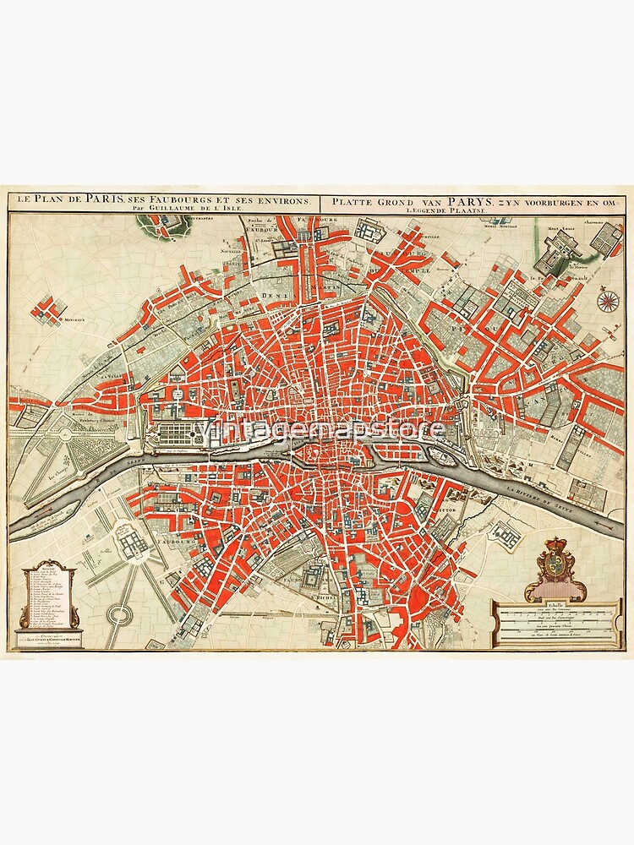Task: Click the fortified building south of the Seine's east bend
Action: pyautogui.click(x=506, y=532)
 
